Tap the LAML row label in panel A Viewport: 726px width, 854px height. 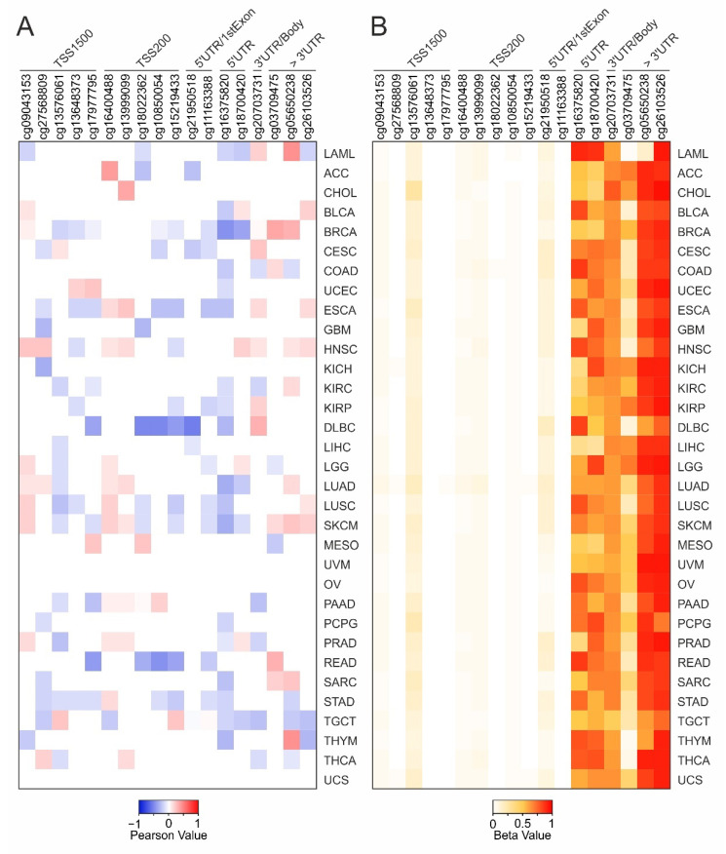338,153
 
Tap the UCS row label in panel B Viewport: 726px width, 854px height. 692,777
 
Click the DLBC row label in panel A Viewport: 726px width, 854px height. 338,426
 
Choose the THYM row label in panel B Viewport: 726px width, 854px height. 693,738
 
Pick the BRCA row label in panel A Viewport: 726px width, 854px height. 338,231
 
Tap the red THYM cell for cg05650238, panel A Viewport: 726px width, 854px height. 291,739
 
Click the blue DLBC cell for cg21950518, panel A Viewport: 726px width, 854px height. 192,426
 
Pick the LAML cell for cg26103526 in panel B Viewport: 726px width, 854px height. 663,153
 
